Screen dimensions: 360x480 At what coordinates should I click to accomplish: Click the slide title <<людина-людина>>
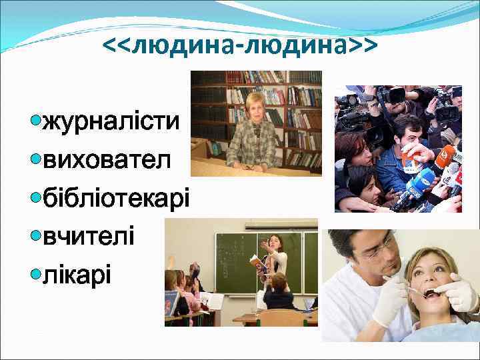pyautogui.click(x=240, y=45)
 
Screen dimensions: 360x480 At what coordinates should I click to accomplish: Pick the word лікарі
pyautogui.click(x=77, y=273)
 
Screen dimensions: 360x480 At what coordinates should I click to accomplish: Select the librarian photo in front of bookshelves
pyautogui.click(x=256, y=123)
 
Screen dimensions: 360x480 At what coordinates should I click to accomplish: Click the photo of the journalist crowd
pyautogui.click(x=398, y=149)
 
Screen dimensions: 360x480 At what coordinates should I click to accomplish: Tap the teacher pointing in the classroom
pyautogui.click(x=274, y=267)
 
